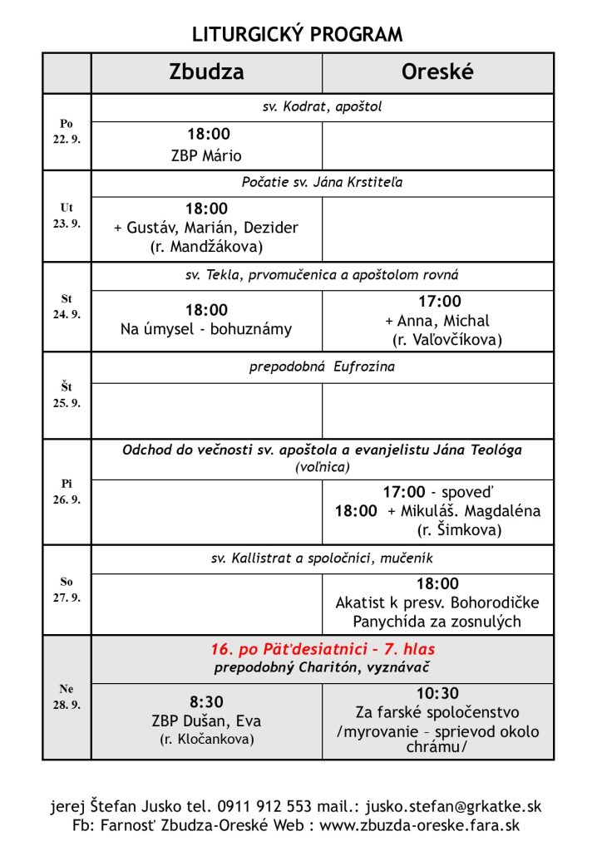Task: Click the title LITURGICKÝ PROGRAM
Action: [x=297, y=34]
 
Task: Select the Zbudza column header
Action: [x=206, y=72]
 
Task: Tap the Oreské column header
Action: [x=437, y=72]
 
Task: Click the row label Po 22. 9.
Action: [x=67, y=131]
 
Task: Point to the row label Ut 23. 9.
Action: [x=67, y=216]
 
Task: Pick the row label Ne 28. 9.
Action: [x=67, y=696]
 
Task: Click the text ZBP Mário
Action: [x=206, y=155]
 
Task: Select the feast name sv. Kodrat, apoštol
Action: [x=322, y=107]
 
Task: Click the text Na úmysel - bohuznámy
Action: [x=206, y=329]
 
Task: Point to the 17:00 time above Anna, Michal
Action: [x=439, y=302]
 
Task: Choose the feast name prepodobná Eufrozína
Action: [x=322, y=366]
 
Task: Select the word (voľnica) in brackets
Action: [x=322, y=468]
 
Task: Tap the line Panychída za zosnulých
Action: [x=437, y=621]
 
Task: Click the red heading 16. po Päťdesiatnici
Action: [x=322, y=649]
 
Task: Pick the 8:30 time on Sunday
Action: [x=206, y=702]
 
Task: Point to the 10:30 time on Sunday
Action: [x=438, y=694]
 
